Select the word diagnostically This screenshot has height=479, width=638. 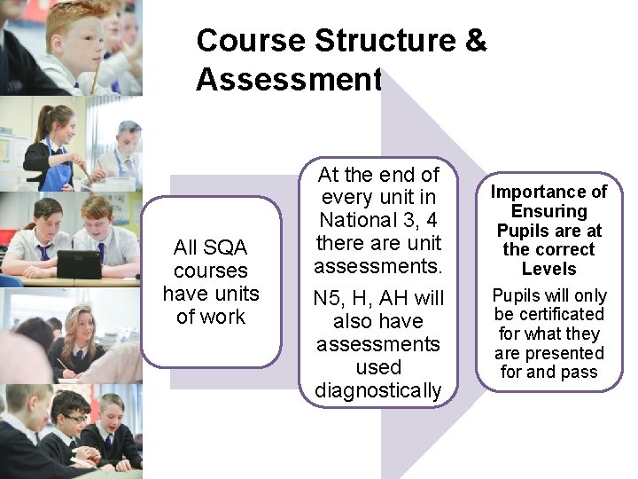pyautogui.click(x=377, y=390)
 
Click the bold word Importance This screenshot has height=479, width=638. pyautogui.click(x=549, y=192)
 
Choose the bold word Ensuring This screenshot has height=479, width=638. pyautogui.click(x=549, y=211)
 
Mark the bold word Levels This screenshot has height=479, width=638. pyautogui.click(x=549, y=269)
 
